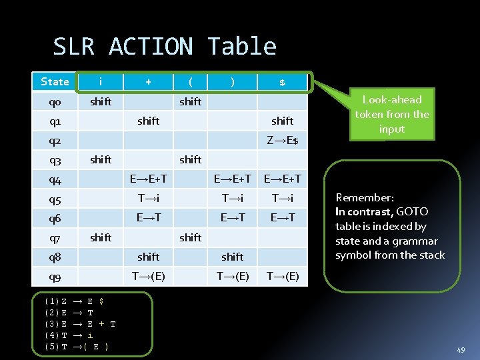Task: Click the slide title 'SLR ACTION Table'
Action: point(165,47)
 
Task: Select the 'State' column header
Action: point(55,82)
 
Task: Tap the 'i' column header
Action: point(101,82)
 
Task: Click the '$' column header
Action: point(282,82)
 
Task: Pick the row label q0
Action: point(55,102)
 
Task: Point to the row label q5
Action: point(55,199)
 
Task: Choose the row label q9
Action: point(55,277)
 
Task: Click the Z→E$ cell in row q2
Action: point(282,140)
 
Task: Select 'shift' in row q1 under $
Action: point(282,121)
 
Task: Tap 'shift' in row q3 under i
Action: point(101,159)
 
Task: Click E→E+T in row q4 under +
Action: point(148,179)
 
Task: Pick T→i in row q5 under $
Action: point(282,198)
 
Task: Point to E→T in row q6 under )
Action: point(232,217)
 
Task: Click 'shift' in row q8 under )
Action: point(232,257)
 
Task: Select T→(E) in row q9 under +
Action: point(148,276)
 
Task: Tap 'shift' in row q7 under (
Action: point(190,237)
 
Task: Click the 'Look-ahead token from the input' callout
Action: point(392,114)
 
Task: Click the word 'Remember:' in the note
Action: point(365,197)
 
